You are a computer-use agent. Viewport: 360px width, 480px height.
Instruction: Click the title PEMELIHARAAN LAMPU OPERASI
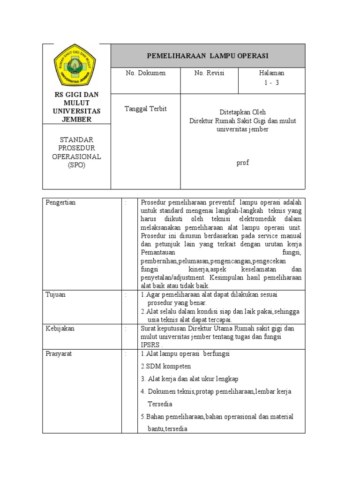tap(208, 56)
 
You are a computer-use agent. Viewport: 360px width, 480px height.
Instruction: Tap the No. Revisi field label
tap(209, 73)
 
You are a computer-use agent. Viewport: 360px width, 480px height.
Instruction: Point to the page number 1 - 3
tap(271, 82)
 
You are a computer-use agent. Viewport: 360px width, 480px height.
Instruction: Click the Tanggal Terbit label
tap(145, 109)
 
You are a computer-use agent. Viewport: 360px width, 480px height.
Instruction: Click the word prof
tap(243, 163)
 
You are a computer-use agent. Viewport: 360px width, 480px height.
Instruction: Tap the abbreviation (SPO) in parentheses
tap(76, 165)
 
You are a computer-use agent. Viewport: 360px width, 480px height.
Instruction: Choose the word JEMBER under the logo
tap(77, 119)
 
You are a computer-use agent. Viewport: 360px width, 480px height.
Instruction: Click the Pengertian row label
tap(61, 202)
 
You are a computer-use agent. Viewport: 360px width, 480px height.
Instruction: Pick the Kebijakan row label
tap(60, 329)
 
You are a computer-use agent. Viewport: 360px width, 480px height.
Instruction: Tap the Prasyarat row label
tap(59, 354)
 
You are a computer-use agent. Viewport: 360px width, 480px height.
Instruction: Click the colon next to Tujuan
tap(126, 294)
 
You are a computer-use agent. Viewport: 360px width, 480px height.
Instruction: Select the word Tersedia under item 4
tap(160, 404)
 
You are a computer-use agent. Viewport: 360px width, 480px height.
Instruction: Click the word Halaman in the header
tap(271, 73)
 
